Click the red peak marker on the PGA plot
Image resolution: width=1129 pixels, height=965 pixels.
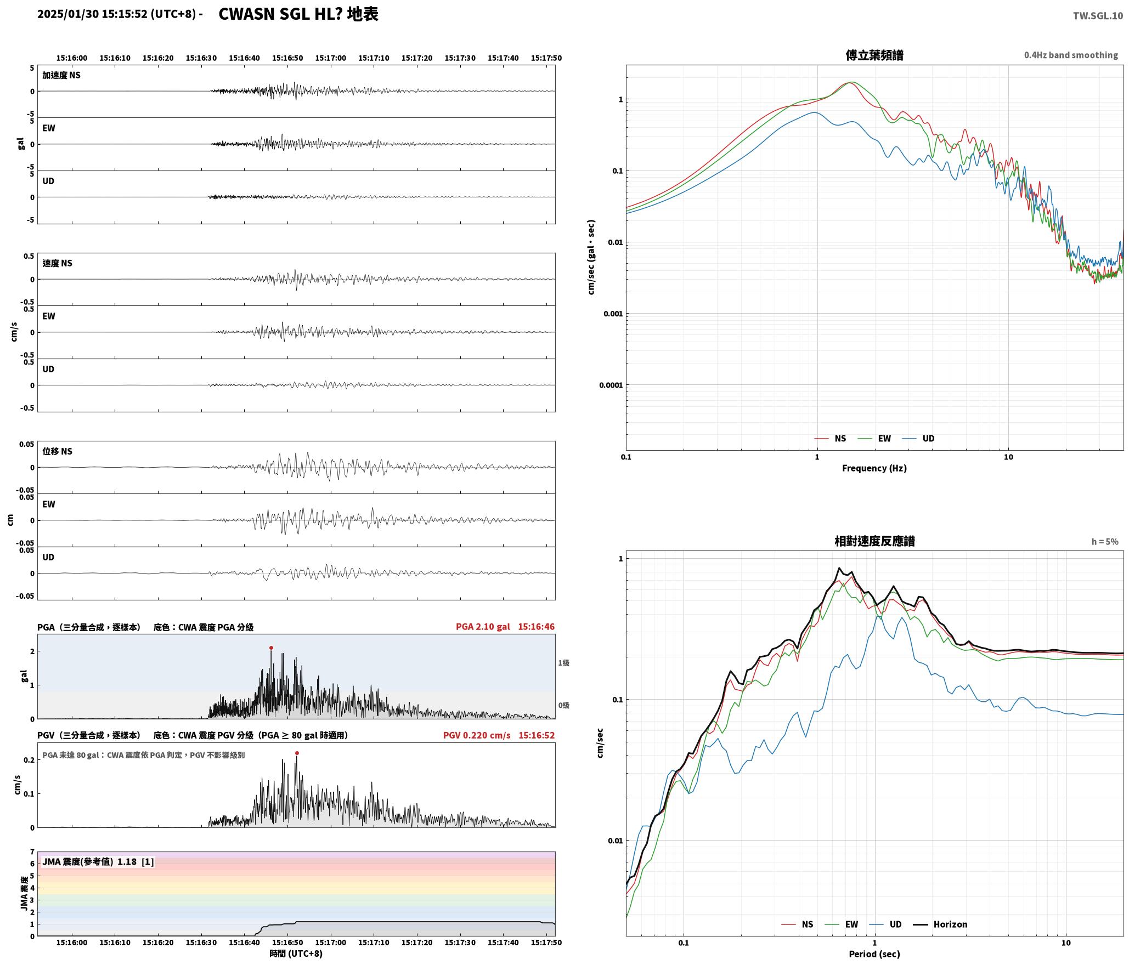271,648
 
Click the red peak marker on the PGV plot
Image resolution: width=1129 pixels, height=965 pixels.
297,753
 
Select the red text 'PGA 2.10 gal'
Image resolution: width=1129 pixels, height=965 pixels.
483,627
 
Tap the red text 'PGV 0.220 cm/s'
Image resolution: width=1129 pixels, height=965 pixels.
477,735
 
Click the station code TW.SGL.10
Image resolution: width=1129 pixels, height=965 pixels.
1098,16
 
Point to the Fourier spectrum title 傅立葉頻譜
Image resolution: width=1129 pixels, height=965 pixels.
874,55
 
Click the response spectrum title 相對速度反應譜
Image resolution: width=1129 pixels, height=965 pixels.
874,541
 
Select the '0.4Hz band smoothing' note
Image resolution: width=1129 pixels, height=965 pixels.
1071,55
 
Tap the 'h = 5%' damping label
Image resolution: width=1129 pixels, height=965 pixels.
1105,542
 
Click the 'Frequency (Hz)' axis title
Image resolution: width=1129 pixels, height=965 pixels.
874,468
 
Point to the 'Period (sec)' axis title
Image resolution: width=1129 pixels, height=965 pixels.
874,954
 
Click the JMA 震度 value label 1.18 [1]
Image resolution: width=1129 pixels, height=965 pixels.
136,862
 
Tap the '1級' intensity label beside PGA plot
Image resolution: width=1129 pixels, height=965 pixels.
563,663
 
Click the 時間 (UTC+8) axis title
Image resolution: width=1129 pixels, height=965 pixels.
296,953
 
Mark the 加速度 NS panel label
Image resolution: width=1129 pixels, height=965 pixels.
61,75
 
